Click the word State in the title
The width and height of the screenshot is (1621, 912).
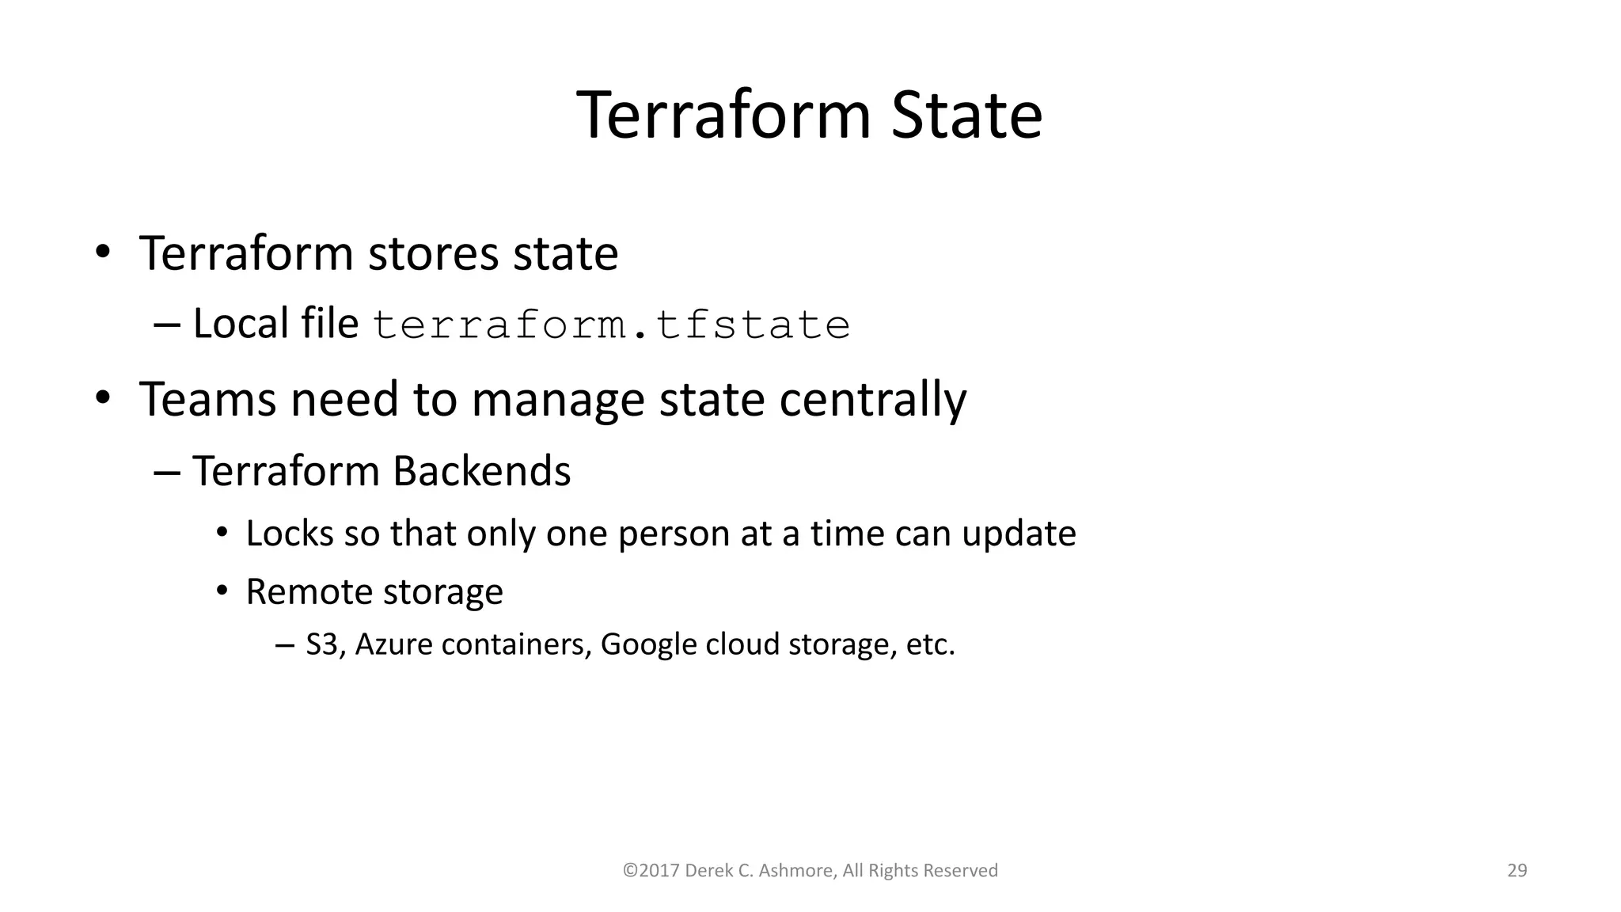click(x=966, y=116)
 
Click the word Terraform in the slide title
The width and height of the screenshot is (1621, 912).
click(x=723, y=116)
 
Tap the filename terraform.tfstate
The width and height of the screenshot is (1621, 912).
click(x=611, y=325)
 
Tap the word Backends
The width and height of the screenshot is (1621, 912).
click(x=481, y=471)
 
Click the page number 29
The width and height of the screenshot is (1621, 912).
click(x=1517, y=871)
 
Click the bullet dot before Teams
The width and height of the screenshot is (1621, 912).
click(x=102, y=399)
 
